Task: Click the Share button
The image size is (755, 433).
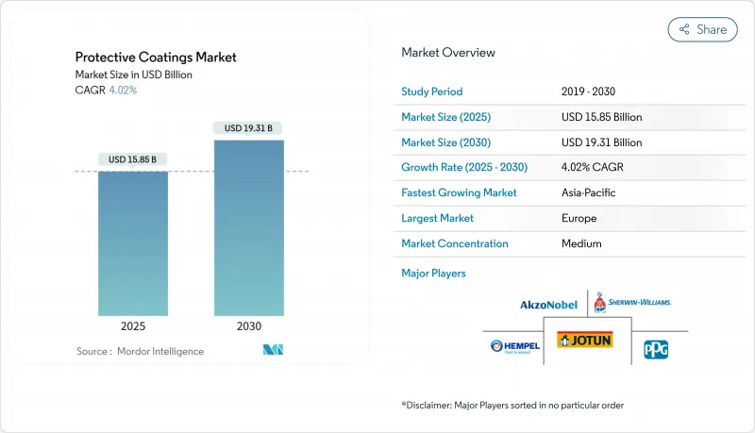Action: tap(702, 29)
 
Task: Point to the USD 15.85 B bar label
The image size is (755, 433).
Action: tap(133, 158)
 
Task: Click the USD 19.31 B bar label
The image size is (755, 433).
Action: tap(249, 127)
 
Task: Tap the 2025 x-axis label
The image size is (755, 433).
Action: tap(133, 326)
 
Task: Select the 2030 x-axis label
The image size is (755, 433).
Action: tap(249, 326)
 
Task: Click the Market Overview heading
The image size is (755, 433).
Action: tap(447, 52)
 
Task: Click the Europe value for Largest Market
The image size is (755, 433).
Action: tap(579, 218)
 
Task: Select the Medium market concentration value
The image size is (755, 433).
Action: tap(581, 243)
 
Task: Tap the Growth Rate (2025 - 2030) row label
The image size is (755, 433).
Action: tap(464, 167)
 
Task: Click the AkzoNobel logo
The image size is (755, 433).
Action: tap(547, 305)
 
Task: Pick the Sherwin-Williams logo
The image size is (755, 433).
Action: tap(631, 303)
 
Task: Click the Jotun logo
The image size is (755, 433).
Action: tap(584, 341)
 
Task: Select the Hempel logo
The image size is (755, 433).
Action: tap(515, 346)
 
